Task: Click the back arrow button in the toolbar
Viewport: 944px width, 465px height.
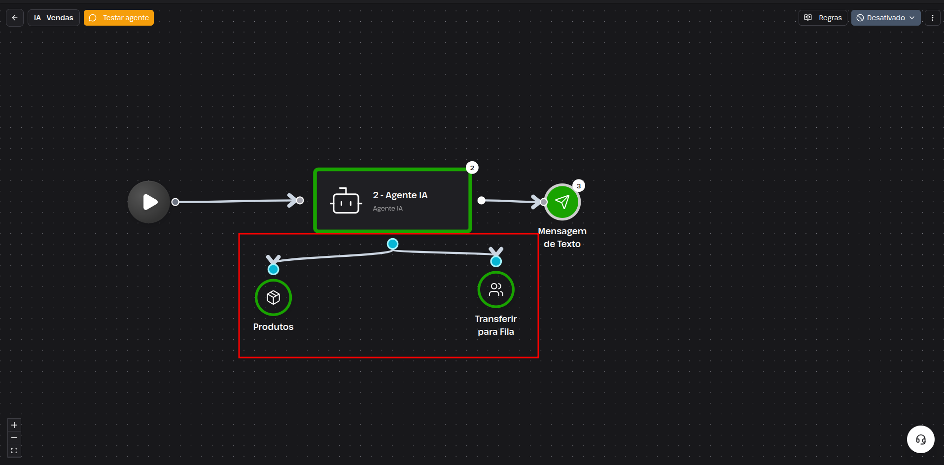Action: [15, 18]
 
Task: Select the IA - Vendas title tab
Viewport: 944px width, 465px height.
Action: [54, 18]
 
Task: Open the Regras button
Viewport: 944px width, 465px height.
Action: [823, 18]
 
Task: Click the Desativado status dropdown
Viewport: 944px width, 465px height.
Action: [886, 18]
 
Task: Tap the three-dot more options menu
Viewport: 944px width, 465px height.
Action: [932, 18]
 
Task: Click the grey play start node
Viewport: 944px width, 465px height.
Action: [149, 202]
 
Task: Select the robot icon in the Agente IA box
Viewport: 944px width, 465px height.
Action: [346, 201]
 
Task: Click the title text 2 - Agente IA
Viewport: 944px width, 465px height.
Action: [400, 195]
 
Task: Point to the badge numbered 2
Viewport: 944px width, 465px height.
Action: [472, 168]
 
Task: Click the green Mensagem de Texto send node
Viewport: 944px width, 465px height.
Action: [562, 202]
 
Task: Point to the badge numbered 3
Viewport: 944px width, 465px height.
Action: [579, 186]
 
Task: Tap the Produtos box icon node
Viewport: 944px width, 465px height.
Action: [273, 297]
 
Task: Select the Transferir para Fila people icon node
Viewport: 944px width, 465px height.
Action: [496, 289]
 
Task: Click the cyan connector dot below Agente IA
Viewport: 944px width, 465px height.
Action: [392, 244]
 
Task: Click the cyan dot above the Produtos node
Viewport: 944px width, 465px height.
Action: [273, 269]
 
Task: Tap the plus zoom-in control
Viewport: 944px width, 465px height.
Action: [14, 425]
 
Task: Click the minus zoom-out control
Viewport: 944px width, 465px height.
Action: [14, 438]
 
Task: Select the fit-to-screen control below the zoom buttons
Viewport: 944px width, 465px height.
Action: [14, 451]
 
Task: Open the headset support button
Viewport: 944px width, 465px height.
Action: [921, 439]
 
